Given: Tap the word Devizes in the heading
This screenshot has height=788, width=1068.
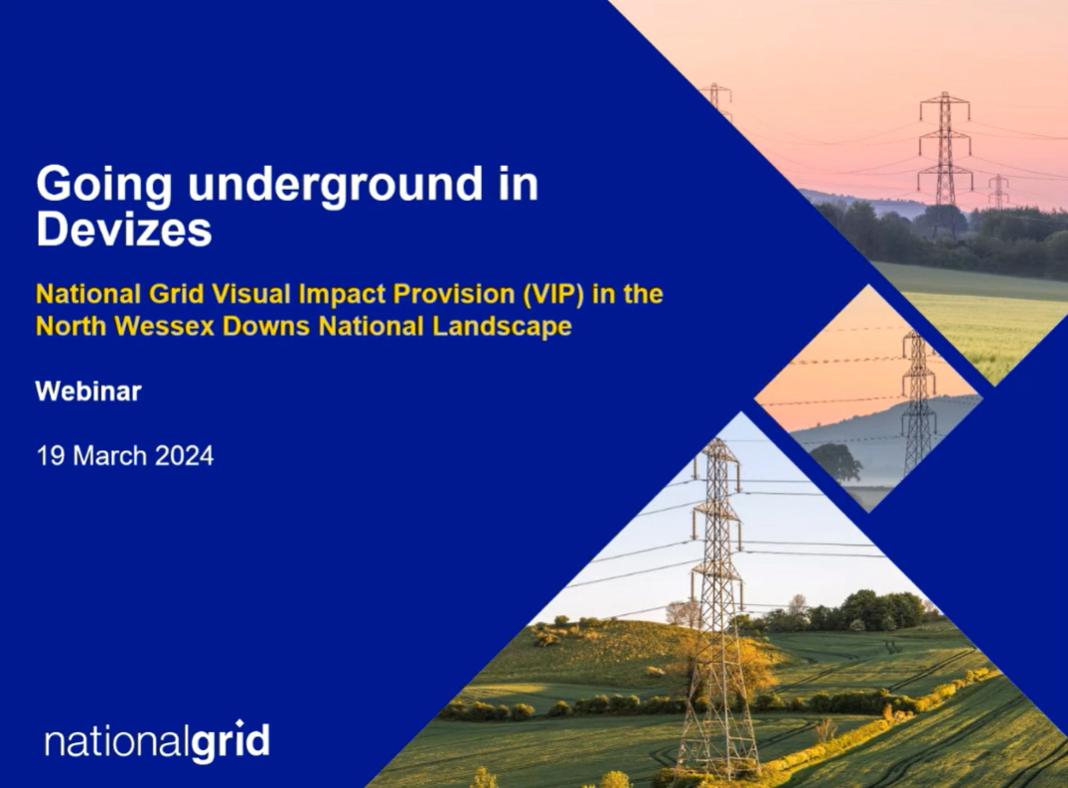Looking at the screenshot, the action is pos(124,231).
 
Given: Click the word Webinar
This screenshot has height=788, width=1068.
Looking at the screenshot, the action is pos(88,392).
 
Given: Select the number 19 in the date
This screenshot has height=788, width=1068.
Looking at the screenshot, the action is pos(51,456).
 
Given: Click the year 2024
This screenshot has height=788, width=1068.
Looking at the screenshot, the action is pos(185,456).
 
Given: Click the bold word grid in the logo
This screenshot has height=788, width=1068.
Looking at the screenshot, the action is pos(230,740).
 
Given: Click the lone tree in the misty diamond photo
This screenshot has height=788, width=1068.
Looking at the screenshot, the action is pos(836,464).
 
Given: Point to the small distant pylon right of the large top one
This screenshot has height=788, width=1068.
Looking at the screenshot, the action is pos(998,192).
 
